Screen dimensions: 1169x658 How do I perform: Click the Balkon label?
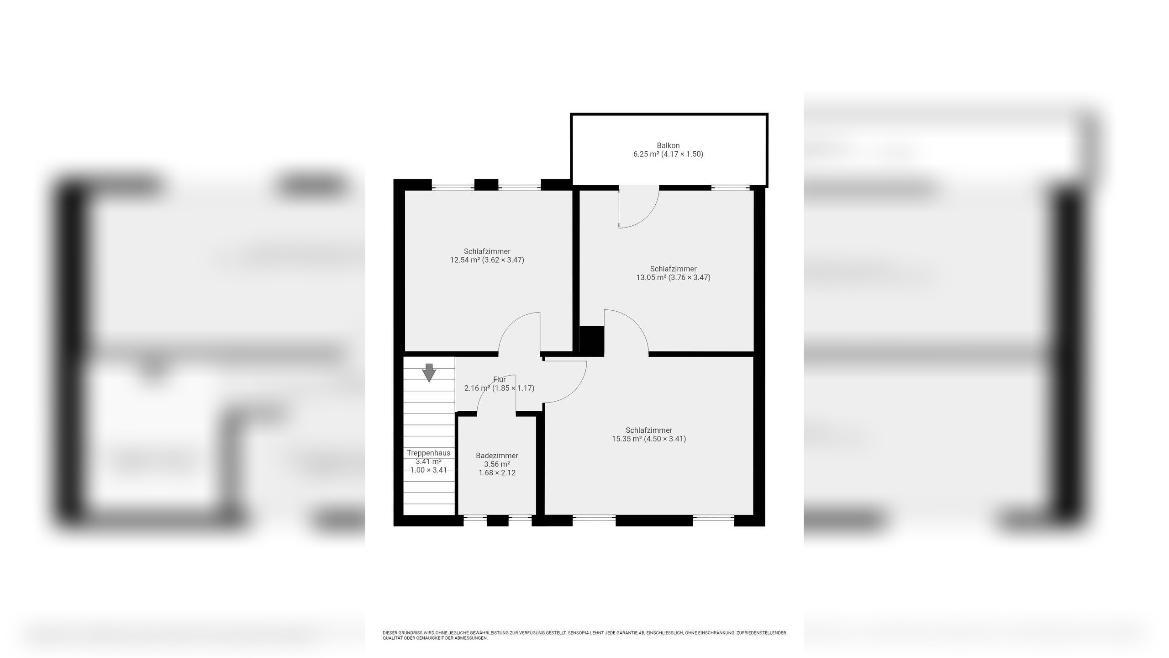click(668, 146)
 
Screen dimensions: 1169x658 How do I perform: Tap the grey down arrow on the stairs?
click(429, 372)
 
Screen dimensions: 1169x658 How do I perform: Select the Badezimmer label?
click(497, 456)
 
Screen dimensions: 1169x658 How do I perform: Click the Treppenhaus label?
click(428, 453)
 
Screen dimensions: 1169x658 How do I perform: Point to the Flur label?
click(500, 380)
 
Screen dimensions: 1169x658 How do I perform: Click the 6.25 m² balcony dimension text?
click(668, 154)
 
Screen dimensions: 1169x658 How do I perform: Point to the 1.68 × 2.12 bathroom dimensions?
click(497, 473)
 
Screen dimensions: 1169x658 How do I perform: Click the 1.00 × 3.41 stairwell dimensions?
click(428, 470)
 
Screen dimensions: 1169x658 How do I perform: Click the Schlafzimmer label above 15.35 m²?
click(649, 430)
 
